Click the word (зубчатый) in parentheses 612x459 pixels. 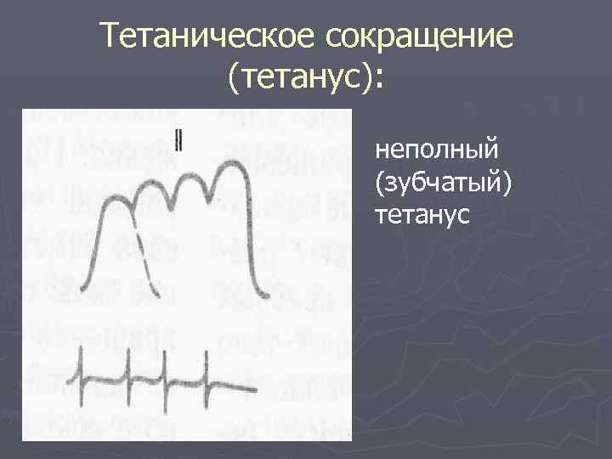click(441, 183)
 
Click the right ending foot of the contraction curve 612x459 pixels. click(268, 297)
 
